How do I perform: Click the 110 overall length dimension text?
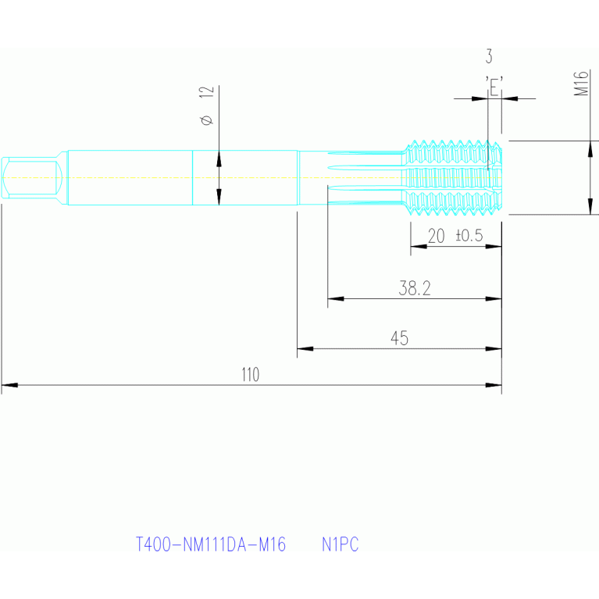click(250, 374)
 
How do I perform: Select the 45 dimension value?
click(399, 338)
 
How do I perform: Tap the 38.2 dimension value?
click(415, 288)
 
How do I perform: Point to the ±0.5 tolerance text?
click(469, 235)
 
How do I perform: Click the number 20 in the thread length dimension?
click(436, 236)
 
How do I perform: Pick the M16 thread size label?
click(581, 84)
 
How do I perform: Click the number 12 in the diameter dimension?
click(206, 91)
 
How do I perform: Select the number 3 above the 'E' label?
click(489, 56)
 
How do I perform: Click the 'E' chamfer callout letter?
click(494, 87)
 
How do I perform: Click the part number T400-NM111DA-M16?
click(211, 544)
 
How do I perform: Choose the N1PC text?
click(340, 544)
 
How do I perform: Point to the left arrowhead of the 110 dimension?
click(9, 385)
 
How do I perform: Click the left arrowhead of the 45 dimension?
click(305, 348)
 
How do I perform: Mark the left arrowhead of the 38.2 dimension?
click(335, 298)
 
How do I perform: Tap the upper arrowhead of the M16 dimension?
click(590, 148)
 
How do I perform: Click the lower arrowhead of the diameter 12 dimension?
click(219, 197)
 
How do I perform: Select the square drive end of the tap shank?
click(32, 177)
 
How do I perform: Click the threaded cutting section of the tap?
click(454, 177)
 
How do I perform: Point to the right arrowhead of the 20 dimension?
click(494, 247)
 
